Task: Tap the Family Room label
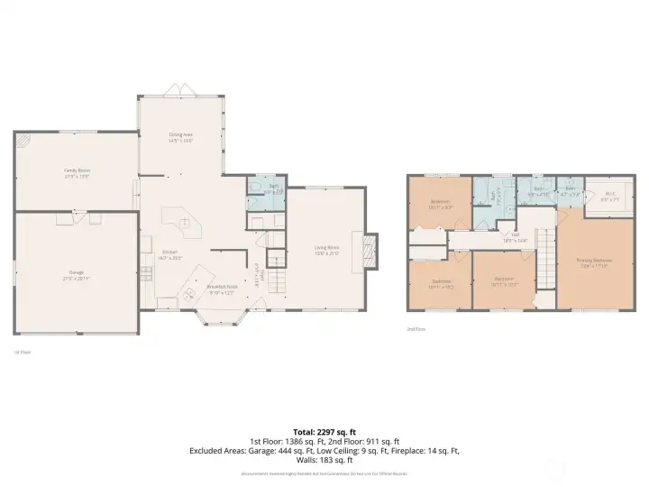(x=77, y=171)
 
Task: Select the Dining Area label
(x=181, y=137)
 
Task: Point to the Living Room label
(x=326, y=249)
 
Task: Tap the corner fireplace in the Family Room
(x=24, y=141)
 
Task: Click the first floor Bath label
(x=266, y=190)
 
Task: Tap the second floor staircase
(x=544, y=253)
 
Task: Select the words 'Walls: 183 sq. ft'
(x=324, y=459)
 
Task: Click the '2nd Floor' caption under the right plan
(x=416, y=329)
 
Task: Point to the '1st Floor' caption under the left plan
(x=23, y=352)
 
